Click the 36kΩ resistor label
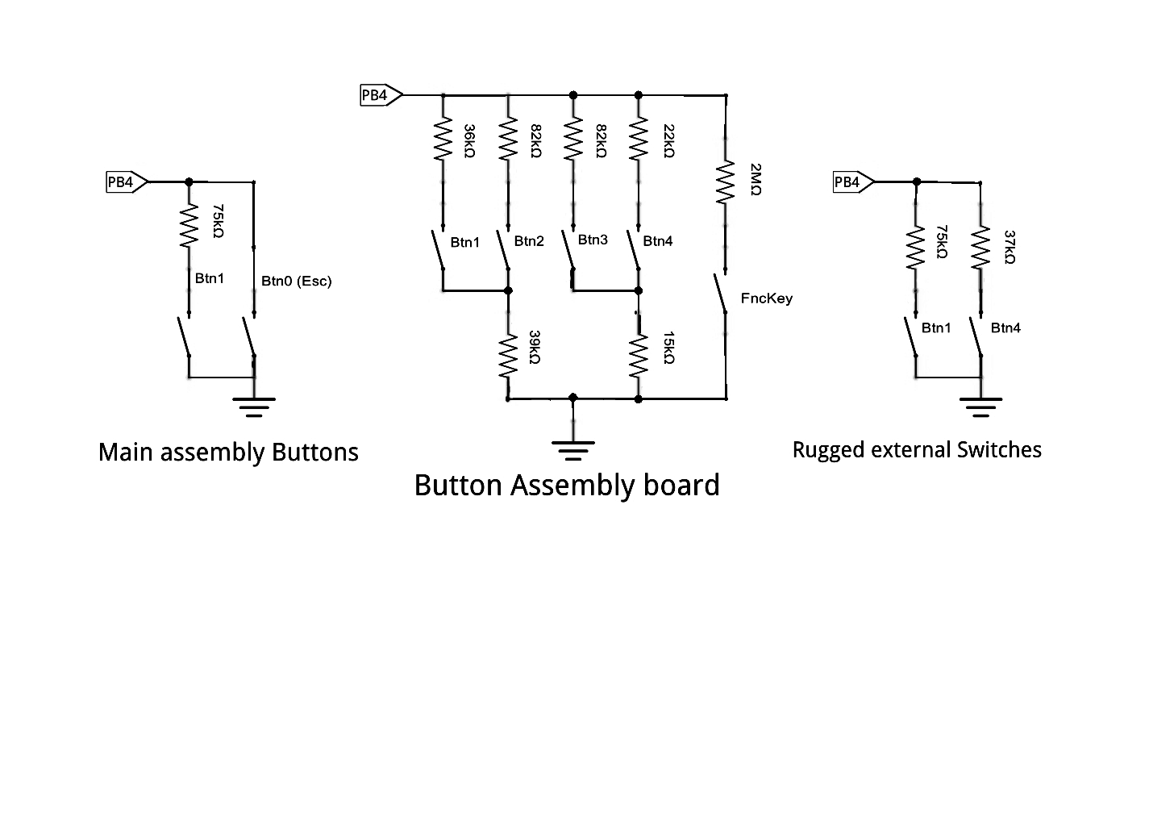click(469, 141)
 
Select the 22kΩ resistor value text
click(669, 141)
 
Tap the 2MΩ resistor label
click(756, 180)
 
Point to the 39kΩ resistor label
click(535, 348)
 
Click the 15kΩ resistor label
click(669, 348)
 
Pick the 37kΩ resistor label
click(1010, 248)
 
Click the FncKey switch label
click(766, 298)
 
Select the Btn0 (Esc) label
click(297, 282)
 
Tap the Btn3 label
click(593, 240)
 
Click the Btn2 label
click(529, 241)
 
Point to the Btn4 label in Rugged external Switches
click(1005, 327)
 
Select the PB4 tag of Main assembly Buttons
click(127, 182)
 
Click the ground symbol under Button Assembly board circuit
click(573, 450)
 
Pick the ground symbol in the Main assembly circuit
click(254, 407)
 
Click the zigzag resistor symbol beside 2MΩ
click(726, 182)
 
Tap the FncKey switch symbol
click(721, 294)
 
